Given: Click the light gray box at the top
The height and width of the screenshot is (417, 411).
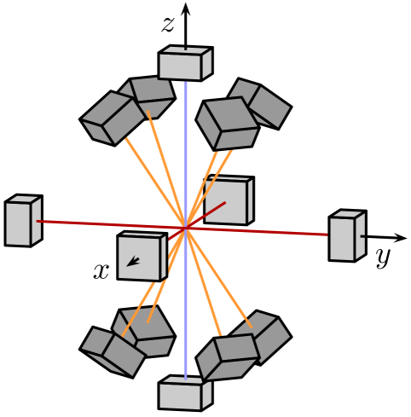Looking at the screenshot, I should pos(181,66).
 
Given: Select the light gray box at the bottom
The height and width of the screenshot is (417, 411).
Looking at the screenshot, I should pos(181,395).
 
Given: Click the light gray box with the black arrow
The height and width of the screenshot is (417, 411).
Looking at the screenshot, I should pos(139,257).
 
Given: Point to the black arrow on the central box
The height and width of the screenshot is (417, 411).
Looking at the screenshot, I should pos(132,261).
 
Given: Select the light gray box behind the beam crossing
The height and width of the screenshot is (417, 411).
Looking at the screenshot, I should pos(227,201).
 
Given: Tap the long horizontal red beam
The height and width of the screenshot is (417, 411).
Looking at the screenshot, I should pos(273,231).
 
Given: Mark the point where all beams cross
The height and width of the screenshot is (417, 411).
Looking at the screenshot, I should pos(186,229).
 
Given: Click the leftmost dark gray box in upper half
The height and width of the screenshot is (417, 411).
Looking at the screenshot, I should pos(113,117).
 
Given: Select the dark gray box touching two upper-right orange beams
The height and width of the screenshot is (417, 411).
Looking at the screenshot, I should pos(228,122).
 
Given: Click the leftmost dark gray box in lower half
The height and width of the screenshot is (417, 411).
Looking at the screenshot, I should pos(113,351).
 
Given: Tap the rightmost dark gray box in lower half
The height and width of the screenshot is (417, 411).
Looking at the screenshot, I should pos(264,336).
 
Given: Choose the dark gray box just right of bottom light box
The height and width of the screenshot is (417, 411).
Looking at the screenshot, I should pos(228,356).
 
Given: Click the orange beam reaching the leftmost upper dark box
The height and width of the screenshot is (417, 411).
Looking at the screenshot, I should pos(153,181).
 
